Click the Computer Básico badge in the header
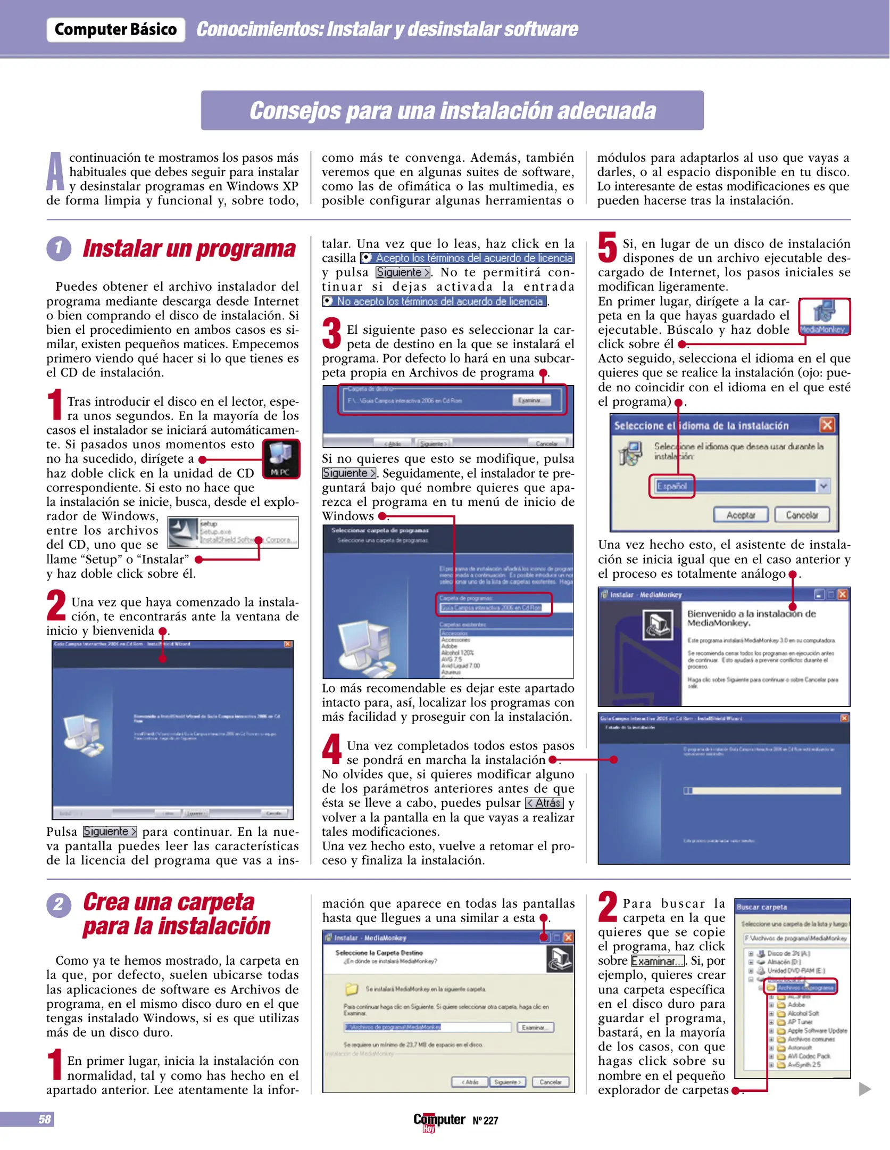pyautogui.click(x=115, y=29)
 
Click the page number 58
pyautogui.click(x=45, y=1120)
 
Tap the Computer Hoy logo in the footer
pyautogui.click(x=439, y=1121)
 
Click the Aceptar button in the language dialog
pyautogui.click(x=741, y=515)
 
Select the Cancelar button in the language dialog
pyautogui.click(x=802, y=515)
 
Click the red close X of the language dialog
pyautogui.click(x=827, y=425)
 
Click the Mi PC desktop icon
pyautogui.click(x=281, y=458)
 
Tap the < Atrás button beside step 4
pyautogui.click(x=544, y=803)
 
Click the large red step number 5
pyautogui.click(x=607, y=248)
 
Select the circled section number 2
pyautogui.click(x=59, y=904)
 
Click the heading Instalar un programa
pyautogui.click(x=189, y=249)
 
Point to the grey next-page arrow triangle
pyautogui.click(x=864, y=1089)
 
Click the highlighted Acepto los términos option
pyautogui.click(x=467, y=258)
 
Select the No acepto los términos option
pyautogui.click(x=434, y=301)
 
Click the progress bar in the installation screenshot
pyautogui.click(x=762, y=791)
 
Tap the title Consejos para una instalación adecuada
pyautogui.click(x=452, y=111)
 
